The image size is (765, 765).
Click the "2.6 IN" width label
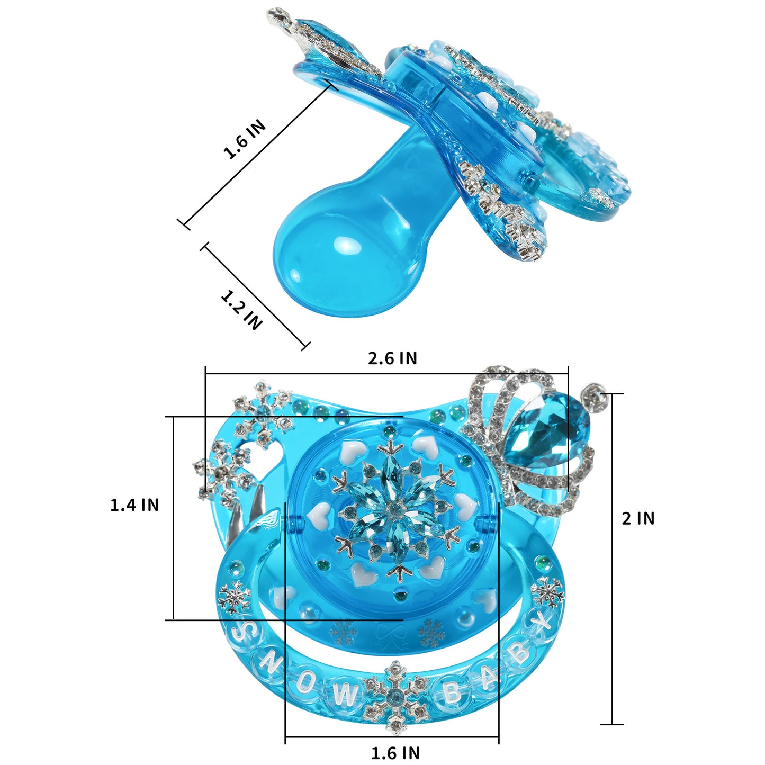[x=392, y=358]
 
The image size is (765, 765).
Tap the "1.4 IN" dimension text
[x=134, y=505]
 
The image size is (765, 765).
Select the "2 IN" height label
[x=638, y=518]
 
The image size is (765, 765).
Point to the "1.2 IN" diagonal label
[x=241, y=310]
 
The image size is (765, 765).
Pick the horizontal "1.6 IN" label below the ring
[x=395, y=752]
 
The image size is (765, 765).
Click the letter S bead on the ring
[x=243, y=631]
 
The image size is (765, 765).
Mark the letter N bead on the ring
[x=269, y=661]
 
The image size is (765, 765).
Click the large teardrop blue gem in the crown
[x=545, y=429]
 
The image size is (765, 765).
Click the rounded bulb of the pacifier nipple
[x=339, y=259]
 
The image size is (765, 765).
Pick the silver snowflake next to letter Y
[x=548, y=591]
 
